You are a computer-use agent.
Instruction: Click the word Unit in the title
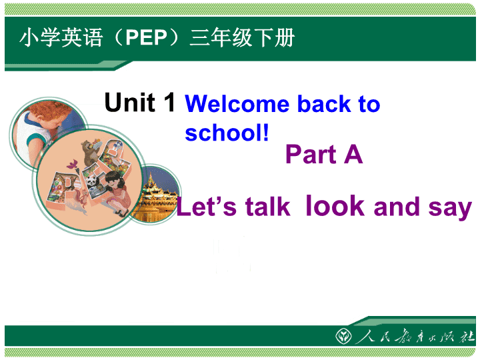[130, 102]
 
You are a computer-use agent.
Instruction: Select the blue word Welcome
[237, 104]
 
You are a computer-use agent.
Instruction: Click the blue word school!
[227, 133]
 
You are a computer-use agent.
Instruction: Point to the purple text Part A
[324, 154]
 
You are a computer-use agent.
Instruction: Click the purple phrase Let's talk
[233, 206]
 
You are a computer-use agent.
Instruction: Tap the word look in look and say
[335, 205]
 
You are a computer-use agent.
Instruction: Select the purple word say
[450, 208]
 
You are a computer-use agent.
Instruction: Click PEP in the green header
[146, 37]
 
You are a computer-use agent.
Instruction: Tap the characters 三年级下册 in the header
[242, 37]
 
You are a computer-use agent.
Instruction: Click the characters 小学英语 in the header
[61, 37]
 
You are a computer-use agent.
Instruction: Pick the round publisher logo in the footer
[343, 336]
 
